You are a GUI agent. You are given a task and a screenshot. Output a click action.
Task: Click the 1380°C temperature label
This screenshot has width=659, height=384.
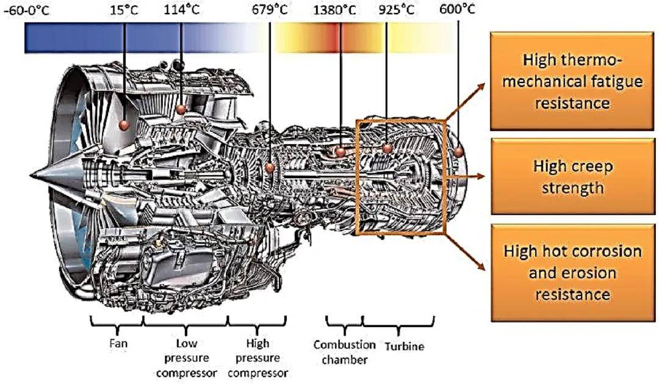click(x=334, y=10)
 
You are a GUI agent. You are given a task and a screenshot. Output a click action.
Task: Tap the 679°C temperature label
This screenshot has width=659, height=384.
click(x=270, y=10)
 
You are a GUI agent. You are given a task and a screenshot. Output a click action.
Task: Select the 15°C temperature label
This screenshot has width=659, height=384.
click(x=124, y=10)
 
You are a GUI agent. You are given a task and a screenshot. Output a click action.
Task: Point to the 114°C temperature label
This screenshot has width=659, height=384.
click(x=181, y=10)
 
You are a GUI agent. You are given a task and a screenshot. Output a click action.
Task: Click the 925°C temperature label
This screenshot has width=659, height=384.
click(x=397, y=10)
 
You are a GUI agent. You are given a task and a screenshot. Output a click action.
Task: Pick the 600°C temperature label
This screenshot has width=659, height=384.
click(x=457, y=9)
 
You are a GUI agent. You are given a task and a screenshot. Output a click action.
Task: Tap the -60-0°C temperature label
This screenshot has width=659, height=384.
click(x=26, y=10)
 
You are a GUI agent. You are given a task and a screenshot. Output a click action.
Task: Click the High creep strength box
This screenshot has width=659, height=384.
click(x=573, y=176)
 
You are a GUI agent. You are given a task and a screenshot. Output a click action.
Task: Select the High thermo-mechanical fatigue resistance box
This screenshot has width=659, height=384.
click(x=572, y=81)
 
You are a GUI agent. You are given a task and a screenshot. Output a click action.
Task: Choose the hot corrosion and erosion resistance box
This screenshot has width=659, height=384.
click(x=573, y=272)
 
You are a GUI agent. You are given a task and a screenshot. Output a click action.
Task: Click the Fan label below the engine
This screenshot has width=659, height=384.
click(x=118, y=343)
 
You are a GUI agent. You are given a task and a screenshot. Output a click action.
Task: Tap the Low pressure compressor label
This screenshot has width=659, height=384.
click(x=187, y=358)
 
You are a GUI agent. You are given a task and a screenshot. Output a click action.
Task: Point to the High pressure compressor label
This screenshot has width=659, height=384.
click(x=258, y=358)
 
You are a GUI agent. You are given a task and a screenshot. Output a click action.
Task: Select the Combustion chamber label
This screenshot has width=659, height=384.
click(x=345, y=352)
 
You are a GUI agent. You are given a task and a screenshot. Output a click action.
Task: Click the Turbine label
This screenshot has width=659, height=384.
click(x=405, y=346)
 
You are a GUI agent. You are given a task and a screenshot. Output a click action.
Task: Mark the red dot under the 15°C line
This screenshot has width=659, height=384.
click(x=124, y=125)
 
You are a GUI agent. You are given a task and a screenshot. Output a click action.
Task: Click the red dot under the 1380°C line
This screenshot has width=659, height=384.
click(x=340, y=152)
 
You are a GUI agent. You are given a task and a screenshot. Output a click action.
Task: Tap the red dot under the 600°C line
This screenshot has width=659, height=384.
click(x=458, y=151)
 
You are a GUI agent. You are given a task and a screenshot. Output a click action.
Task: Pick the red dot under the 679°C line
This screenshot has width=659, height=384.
click(x=270, y=168)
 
